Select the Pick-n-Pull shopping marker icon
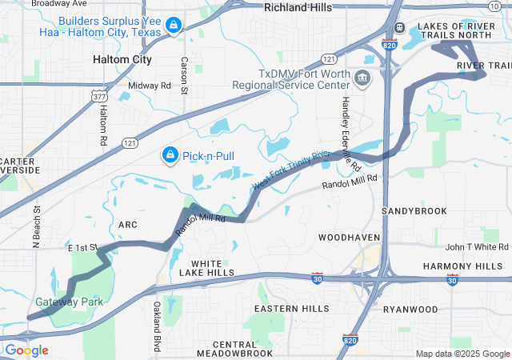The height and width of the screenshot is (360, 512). pos(170,154)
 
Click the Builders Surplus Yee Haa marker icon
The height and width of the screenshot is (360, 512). pos(172,27)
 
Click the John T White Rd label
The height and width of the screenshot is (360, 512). pos(477,247)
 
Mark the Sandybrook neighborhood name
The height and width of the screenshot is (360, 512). pos(414,210)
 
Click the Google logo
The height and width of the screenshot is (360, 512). pos(26,350)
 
